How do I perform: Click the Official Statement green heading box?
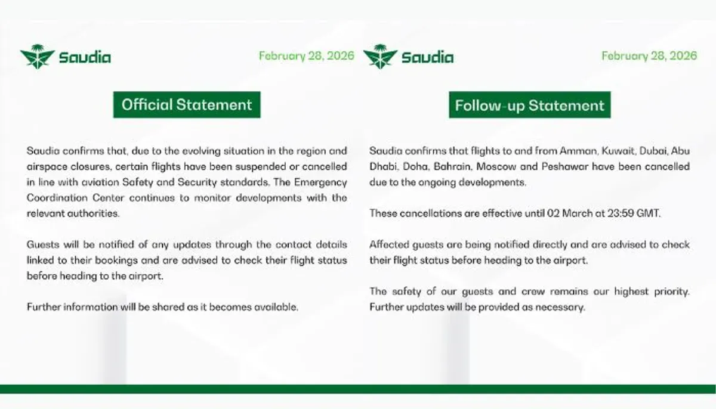click(x=187, y=105)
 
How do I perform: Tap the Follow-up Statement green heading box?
click(x=530, y=105)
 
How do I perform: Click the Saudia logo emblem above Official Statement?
click(x=38, y=57)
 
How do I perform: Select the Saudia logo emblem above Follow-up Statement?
click(x=381, y=57)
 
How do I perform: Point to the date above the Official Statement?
click(x=307, y=56)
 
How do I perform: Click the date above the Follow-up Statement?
click(x=649, y=56)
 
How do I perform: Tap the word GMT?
click(x=648, y=213)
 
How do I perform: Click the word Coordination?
click(x=57, y=198)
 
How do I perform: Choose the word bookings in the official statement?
click(x=116, y=261)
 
